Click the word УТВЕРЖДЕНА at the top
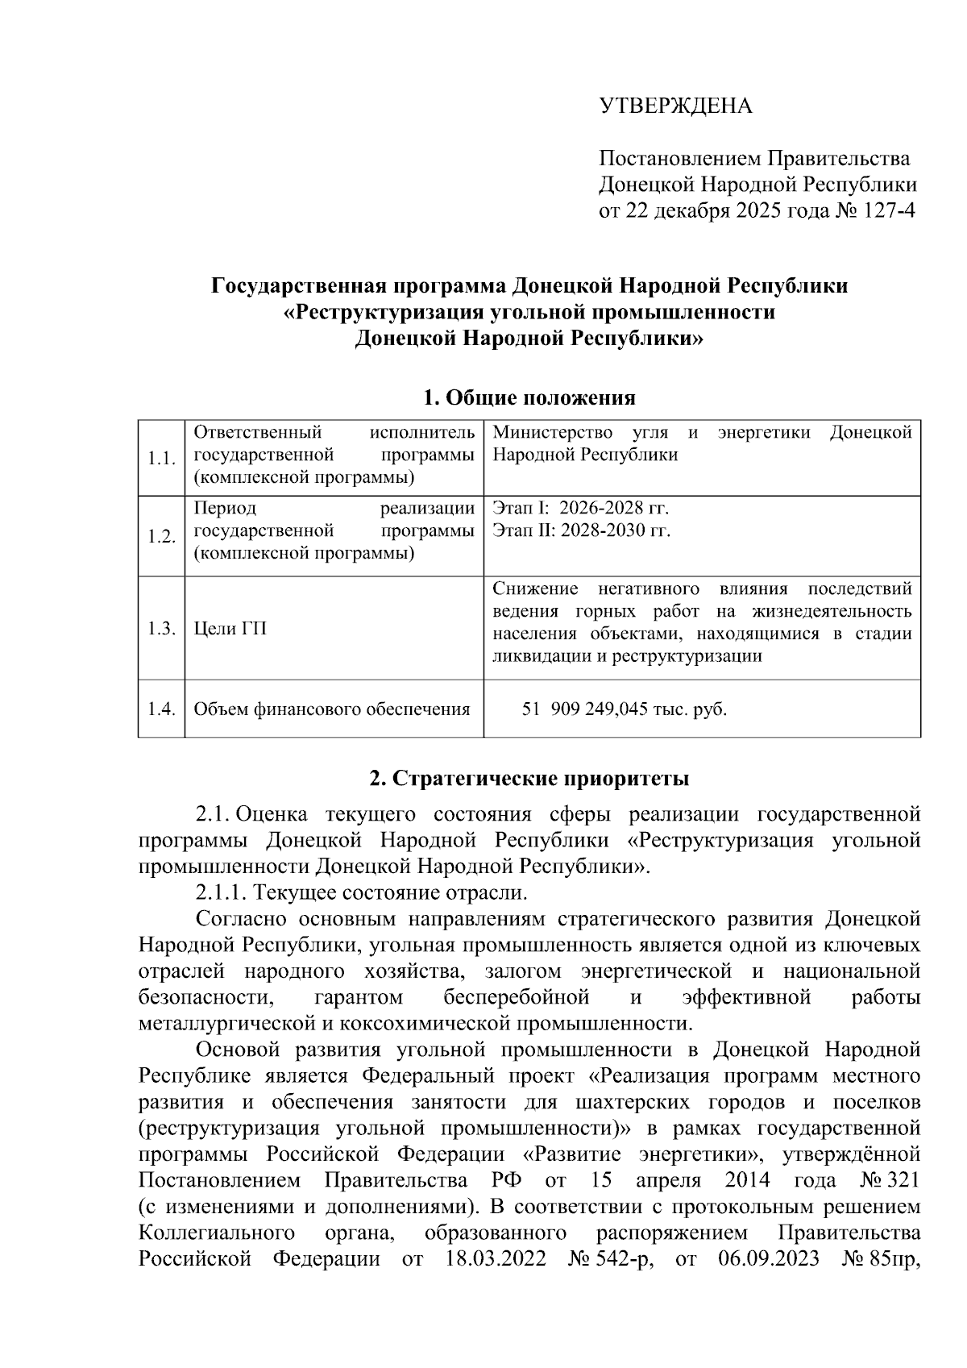coord(675,106)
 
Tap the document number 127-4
coord(889,211)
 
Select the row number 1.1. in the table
coord(161,459)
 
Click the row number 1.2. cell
coord(161,537)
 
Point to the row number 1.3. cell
coord(161,629)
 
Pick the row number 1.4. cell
coord(161,709)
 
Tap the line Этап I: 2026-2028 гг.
coord(580,509)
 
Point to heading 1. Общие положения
coord(529,397)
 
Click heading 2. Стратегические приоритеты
coord(529,779)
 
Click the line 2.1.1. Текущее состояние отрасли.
coord(361,893)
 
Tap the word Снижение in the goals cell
coord(533,588)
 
